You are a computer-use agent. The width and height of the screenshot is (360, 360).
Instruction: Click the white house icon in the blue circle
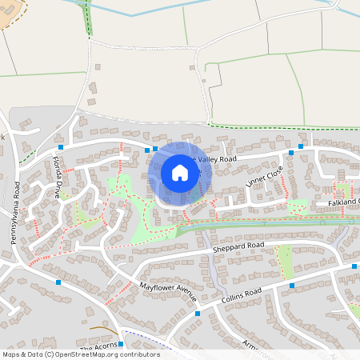click(x=179, y=172)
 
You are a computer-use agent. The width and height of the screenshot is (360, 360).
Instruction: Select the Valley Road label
click(x=218, y=159)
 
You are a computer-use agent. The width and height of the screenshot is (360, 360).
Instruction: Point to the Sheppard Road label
click(x=238, y=246)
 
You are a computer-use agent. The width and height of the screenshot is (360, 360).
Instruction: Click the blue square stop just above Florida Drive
click(x=61, y=147)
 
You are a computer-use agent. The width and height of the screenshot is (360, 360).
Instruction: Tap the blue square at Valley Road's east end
click(x=301, y=146)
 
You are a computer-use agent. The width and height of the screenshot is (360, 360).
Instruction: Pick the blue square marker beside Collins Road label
click(x=291, y=286)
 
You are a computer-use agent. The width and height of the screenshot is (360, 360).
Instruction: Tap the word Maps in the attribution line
click(x=12, y=354)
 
